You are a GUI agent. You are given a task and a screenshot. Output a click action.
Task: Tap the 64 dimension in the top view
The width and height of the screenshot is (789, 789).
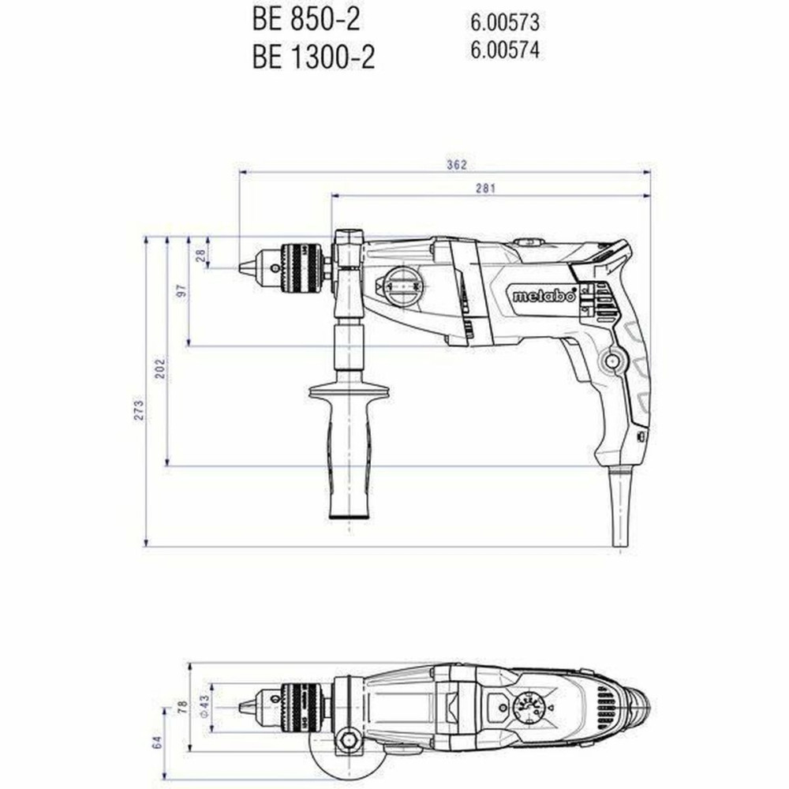157,742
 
